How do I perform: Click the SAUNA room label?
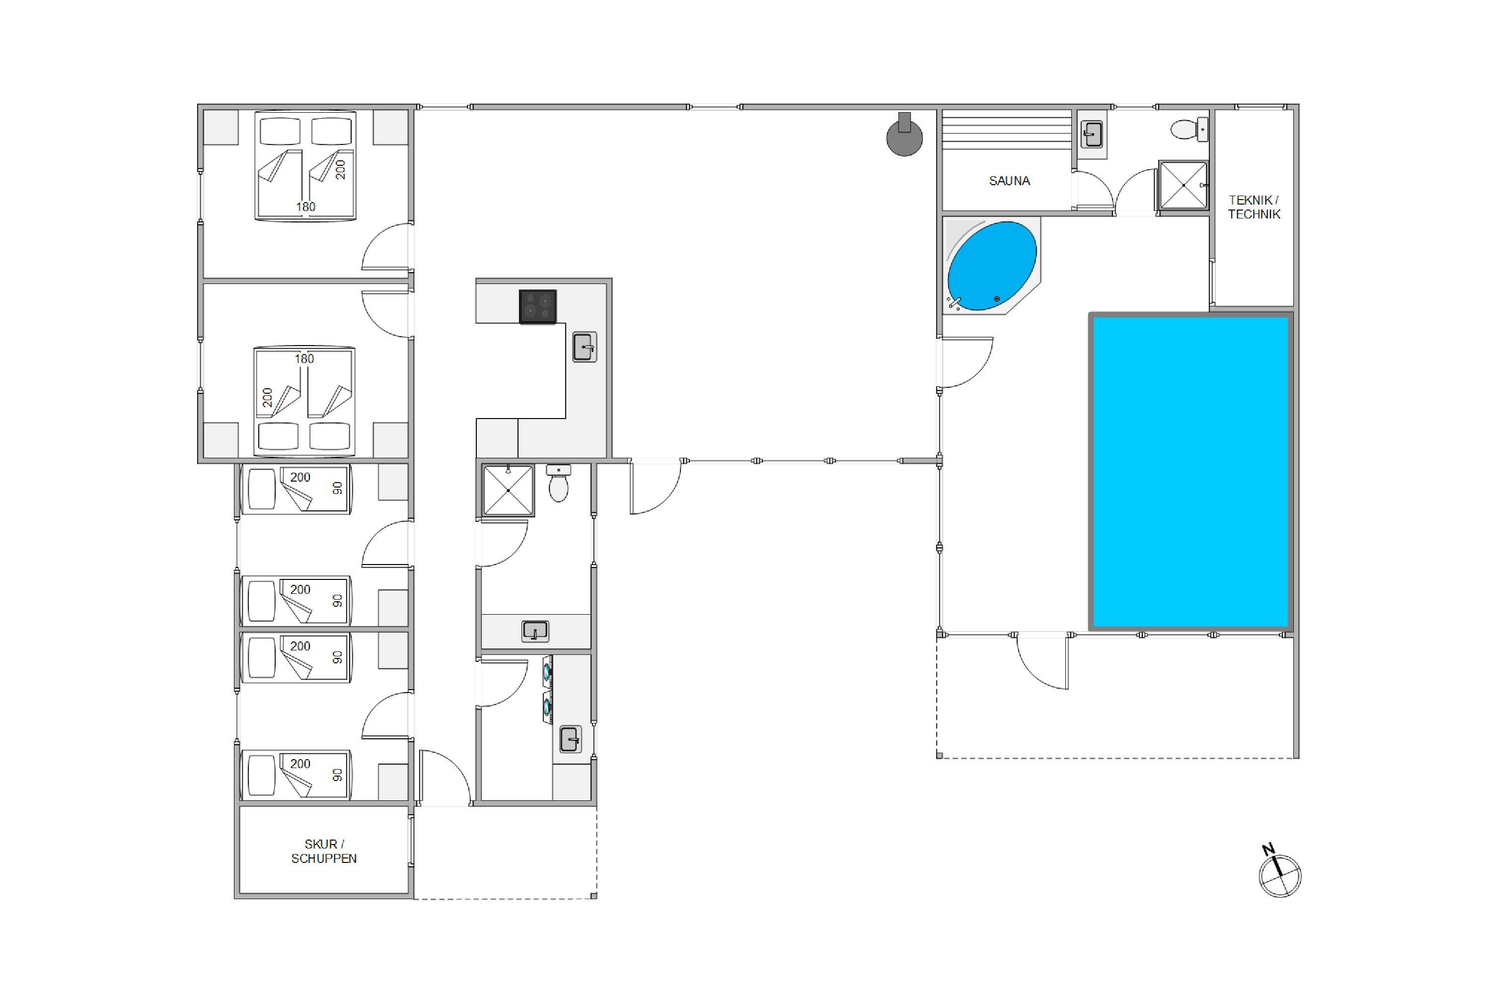tap(1009, 181)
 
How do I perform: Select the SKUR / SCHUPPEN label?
tap(324, 851)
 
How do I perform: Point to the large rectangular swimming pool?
tap(1191, 472)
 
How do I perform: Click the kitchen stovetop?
tap(538, 307)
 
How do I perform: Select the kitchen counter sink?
tap(584, 347)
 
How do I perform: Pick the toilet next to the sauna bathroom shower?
tap(1189, 129)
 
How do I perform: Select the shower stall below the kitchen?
tap(508, 490)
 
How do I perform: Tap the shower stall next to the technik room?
tap(1184, 185)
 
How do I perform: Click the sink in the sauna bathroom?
tap(1092, 134)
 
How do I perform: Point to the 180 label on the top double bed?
tap(305, 207)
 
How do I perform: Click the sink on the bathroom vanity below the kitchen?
tap(535, 632)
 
